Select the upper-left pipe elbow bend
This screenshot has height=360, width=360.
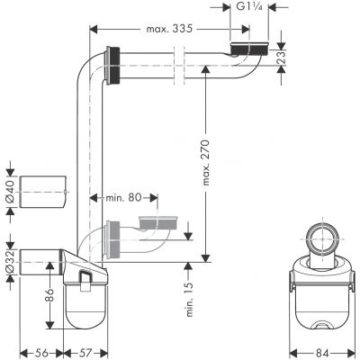[x=96, y=72]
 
